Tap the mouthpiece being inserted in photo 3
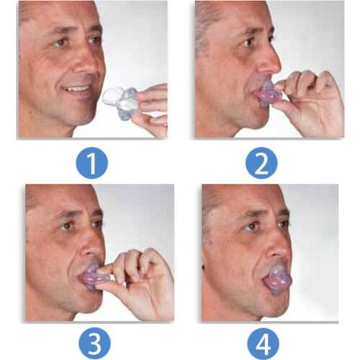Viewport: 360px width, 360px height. pyautogui.click(x=94, y=276)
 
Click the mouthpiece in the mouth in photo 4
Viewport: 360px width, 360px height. pyautogui.click(x=277, y=276)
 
